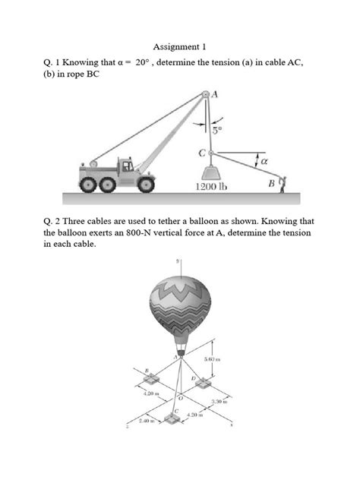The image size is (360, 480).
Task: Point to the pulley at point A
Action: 205,96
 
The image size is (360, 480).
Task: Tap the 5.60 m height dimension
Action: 212,359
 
